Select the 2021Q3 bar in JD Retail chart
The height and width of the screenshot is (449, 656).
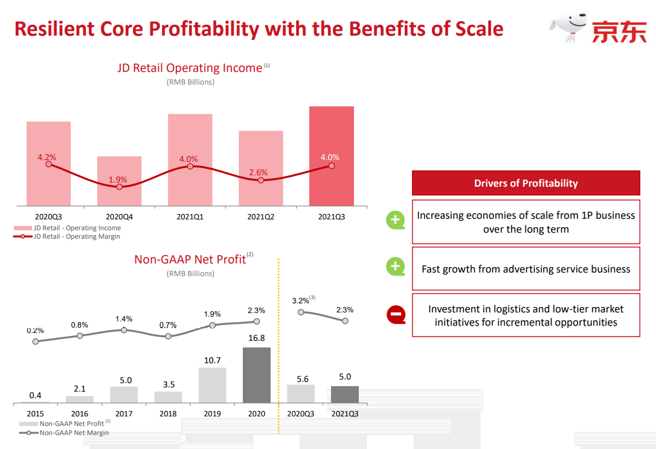pyautogui.click(x=331, y=156)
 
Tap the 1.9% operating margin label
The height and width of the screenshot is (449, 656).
pyautogui.click(x=118, y=179)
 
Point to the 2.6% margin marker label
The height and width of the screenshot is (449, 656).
pyautogui.click(x=258, y=173)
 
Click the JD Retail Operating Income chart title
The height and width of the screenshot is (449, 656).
pyautogui.click(x=190, y=68)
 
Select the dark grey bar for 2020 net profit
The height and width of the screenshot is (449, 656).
pyautogui.click(x=257, y=375)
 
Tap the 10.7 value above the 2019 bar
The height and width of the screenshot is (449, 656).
pyautogui.click(x=212, y=360)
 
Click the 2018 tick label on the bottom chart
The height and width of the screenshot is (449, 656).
pyautogui.click(x=168, y=414)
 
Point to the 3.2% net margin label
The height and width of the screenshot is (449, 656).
pyautogui.click(x=300, y=300)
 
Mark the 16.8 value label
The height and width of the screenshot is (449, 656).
pyautogui.click(x=257, y=338)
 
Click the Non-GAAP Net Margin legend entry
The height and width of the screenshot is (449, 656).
pyautogui.click(x=74, y=433)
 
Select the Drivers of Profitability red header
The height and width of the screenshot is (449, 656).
pyautogui.click(x=526, y=183)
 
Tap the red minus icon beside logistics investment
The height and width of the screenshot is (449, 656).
pyautogui.click(x=396, y=314)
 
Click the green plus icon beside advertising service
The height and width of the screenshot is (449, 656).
pyautogui.click(x=396, y=266)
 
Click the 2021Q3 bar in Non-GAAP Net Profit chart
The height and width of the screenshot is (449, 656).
pyautogui.click(x=345, y=394)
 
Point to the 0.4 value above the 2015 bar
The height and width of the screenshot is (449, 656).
pyautogui.click(x=35, y=395)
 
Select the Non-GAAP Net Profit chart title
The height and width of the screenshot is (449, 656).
pyautogui.click(x=190, y=259)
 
